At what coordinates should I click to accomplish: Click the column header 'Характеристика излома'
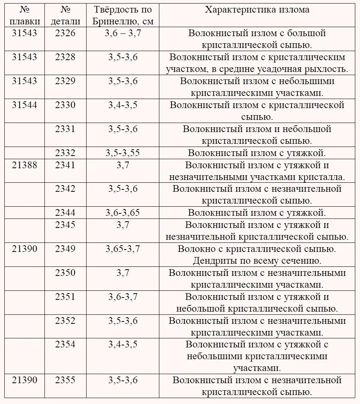point(257,10)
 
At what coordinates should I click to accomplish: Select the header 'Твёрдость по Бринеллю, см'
point(123,15)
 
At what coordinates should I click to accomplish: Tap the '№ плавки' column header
point(24,15)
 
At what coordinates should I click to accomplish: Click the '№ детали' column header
point(65,15)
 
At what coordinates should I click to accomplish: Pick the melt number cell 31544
point(24,105)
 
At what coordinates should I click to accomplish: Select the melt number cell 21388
point(24,165)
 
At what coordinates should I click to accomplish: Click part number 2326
point(65,33)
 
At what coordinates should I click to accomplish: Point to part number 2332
point(65,153)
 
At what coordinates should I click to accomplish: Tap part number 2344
point(65,213)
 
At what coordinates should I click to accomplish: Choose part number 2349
point(65,249)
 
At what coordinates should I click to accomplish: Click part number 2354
point(65,345)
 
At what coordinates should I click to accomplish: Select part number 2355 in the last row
point(65,380)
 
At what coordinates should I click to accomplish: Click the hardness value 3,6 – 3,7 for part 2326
point(123,33)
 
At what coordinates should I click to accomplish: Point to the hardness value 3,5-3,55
point(123,153)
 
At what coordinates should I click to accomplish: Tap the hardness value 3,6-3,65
point(123,213)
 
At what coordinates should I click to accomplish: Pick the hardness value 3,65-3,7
point(123,249)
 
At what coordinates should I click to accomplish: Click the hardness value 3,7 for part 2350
point(123,273)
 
